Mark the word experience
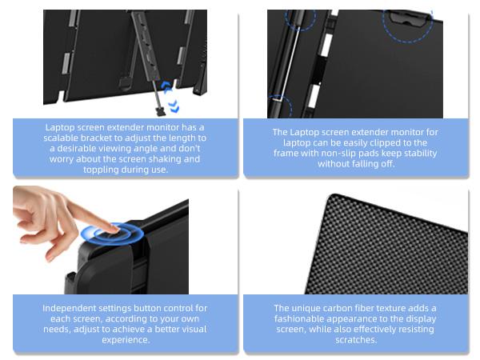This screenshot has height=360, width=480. pyautogui.click(x=126, y=340)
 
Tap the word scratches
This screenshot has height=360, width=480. pyautogui.click(x=356, y=340)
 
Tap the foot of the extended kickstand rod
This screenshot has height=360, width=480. pyautogui.click(x=161, y=112)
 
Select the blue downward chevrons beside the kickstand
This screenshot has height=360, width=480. pyautogui.click(x=174, y=106)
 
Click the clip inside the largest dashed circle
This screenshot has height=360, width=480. pyautogui.click(x=407, y=18)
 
